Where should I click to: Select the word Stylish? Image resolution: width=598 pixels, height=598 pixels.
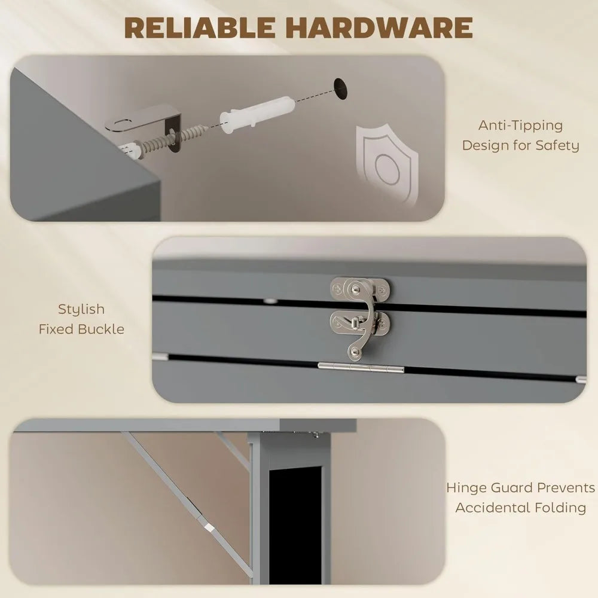click(x=81, y=309)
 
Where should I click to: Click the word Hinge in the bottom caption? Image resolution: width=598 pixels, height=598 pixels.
click(x=468, y=488)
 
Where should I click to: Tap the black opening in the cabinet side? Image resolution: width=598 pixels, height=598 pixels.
click(x=297, y=526)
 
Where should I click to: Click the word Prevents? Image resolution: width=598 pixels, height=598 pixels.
click(x=566, y=488)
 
